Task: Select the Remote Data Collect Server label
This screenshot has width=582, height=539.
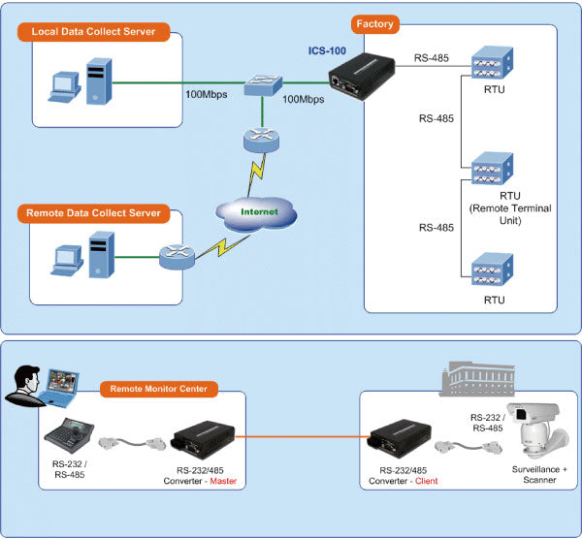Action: point(94,211)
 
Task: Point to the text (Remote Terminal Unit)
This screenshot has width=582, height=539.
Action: point(495,214)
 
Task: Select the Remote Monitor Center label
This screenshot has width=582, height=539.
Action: point(159,389)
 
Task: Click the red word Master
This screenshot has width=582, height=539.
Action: point(233,482)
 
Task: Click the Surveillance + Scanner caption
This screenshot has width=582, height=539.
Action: point(532,475)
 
